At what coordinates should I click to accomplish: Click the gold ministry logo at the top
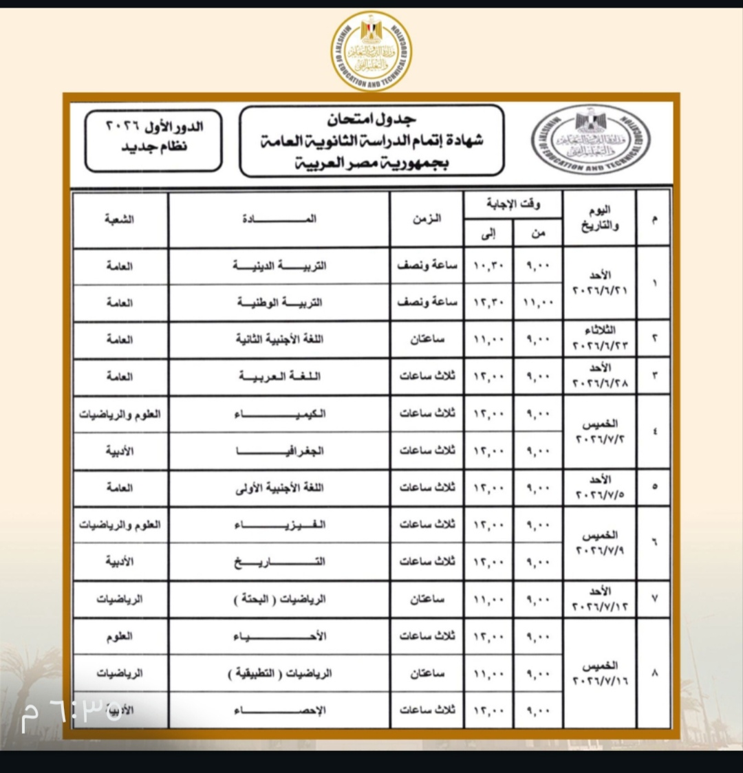(x=371, y=50)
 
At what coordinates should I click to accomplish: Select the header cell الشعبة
(x=120, y=219)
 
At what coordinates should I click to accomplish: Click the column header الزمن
(x=427, y=219)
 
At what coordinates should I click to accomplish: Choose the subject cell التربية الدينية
(x=279, y=266)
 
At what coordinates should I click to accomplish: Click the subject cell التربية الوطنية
(x=279, y=303)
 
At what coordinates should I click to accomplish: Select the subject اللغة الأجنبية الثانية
(x=279, y=340)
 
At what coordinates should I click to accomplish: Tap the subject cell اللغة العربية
(x=279, y=377)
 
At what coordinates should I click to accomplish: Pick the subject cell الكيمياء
(x=279, y=414)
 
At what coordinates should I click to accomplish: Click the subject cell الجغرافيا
(x=279, y=451)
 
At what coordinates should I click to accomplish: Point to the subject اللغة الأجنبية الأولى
(x=279, y=488)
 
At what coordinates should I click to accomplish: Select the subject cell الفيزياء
(x=279, y=525)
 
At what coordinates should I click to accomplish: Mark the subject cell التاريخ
(x=279, y=562)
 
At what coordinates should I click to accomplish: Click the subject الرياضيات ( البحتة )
(x=279, y=600)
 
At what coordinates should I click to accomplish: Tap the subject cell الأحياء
(x=279, y=637)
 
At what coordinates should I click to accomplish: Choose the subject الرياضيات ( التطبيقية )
(x=279, y=673)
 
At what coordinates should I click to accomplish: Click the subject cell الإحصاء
(x=279, y=710)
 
